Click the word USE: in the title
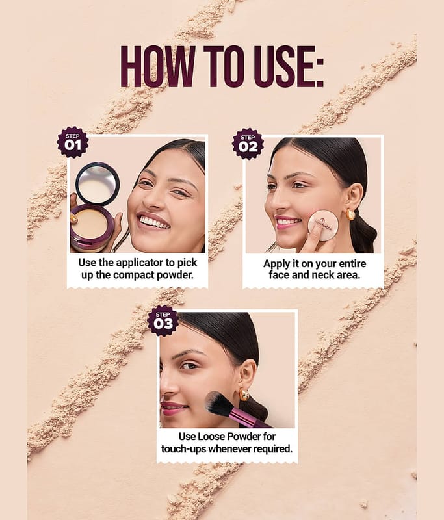click(289, 66)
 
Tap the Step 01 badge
click(72, 142)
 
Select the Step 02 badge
click(248, 144)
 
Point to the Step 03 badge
click(163, 321)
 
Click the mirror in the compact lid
click(98, 183)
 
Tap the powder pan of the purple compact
click(89, 224)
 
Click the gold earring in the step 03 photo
click(244, 395)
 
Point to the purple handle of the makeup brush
click(250, 419)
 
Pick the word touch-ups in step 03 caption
click(183, 449)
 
